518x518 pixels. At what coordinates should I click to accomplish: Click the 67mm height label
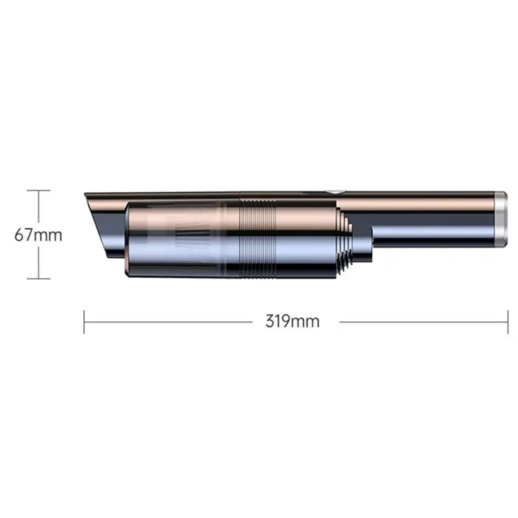(x=38, y=235)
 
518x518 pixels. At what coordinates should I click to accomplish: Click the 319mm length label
(x=293, y=321)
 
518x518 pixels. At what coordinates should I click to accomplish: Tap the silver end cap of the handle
(x=501, y=220)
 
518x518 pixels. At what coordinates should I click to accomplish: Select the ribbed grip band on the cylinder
(x=258, y=238)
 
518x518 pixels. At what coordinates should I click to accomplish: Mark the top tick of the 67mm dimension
(x=38, y=190)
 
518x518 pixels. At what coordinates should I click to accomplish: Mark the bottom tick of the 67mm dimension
(x=38, y=279)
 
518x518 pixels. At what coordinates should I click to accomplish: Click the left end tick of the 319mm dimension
(x=84, y=322)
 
